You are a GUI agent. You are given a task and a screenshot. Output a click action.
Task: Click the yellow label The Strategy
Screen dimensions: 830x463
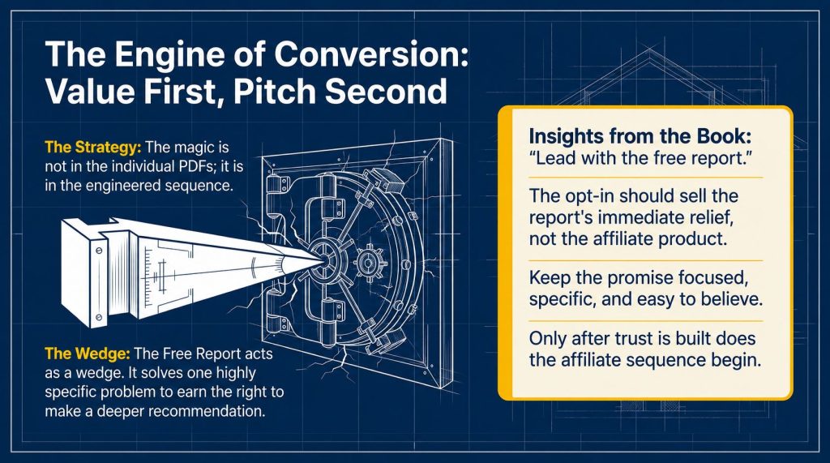tap(93, 148)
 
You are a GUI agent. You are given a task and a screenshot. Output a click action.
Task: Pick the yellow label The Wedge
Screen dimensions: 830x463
tap(88, 354)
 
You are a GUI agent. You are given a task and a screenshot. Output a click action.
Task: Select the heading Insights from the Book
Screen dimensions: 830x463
tap(640, 136)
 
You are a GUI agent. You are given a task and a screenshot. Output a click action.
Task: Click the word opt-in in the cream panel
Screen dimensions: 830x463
tap(588, 196)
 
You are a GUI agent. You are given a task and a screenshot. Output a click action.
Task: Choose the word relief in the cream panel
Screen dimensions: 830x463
tap(717, 217)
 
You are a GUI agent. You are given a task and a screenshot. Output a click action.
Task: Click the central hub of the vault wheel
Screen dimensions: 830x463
tap(325, 259)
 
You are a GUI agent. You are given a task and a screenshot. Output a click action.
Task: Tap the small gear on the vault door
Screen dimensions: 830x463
tap(366, 261)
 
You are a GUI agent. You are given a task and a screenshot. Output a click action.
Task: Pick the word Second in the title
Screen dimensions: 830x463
tap(386, 91)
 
